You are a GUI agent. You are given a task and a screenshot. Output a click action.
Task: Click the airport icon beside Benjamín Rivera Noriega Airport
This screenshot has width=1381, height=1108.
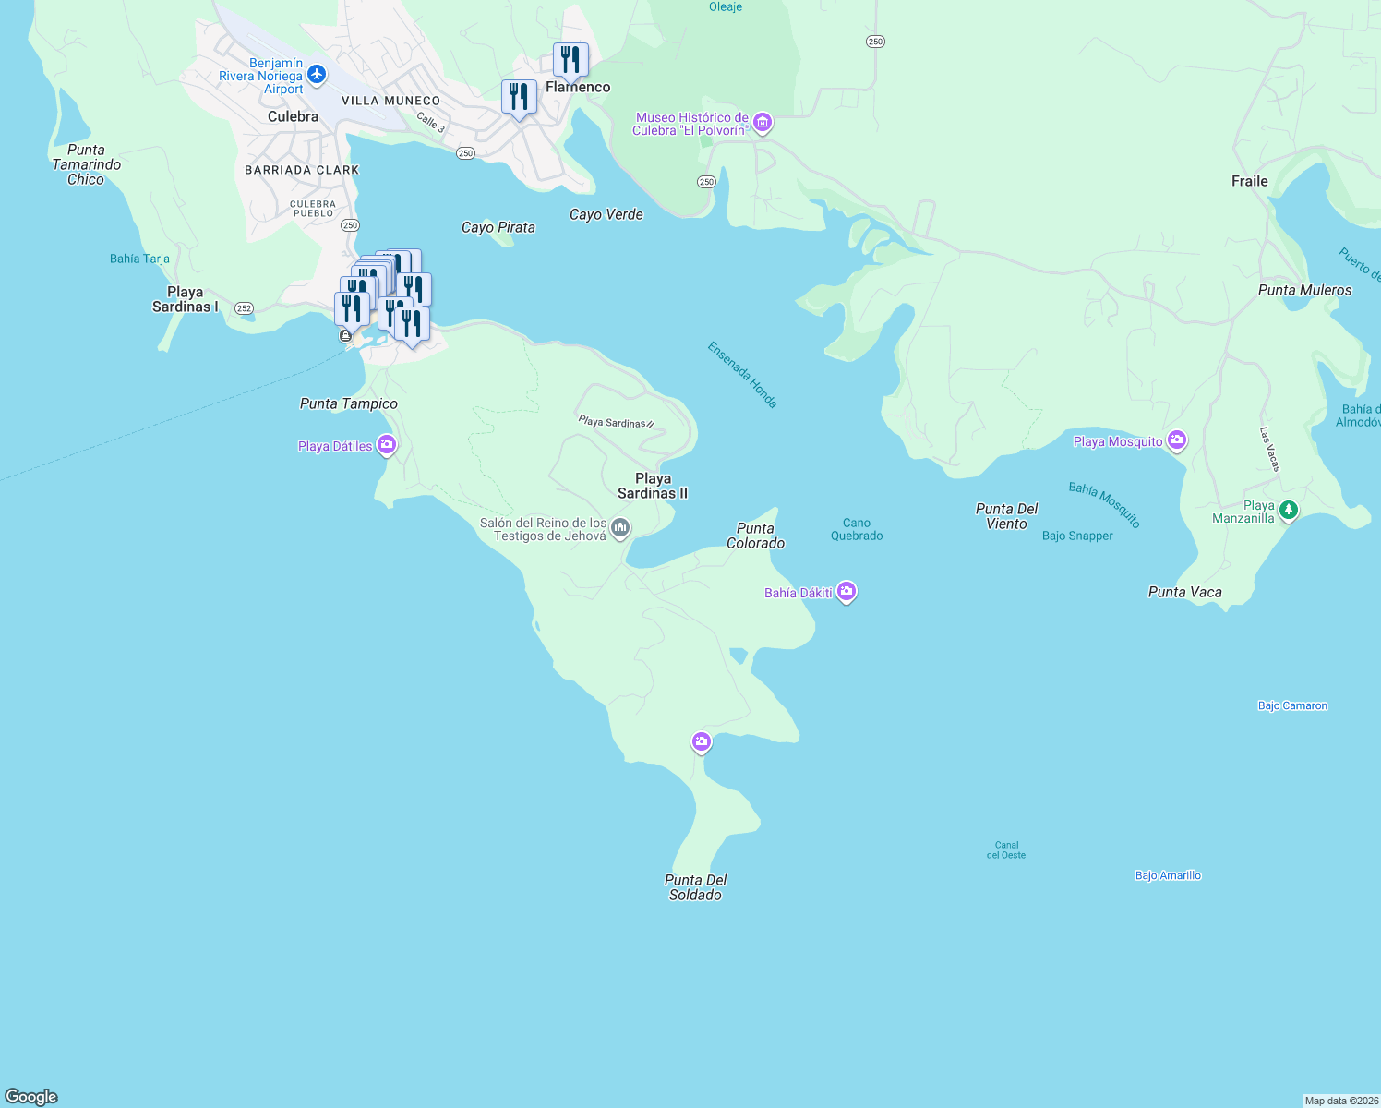coord(317,75)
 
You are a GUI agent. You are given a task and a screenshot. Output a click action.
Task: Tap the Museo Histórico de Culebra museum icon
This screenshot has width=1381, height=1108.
coord(762,123)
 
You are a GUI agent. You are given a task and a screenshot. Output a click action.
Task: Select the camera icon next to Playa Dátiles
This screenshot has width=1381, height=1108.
coord(387,445)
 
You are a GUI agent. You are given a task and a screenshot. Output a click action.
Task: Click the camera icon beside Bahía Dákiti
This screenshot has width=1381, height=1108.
coord(847,592)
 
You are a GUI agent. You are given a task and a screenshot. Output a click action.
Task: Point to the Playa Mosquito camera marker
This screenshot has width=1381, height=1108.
coord(1176,440)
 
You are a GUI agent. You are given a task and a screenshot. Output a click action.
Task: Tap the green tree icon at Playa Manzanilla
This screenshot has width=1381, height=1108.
coord(1289,510)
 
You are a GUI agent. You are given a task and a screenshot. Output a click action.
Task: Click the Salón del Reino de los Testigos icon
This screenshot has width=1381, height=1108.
coord(620,528)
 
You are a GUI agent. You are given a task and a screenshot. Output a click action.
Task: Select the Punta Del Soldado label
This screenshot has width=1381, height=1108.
coord(695,887)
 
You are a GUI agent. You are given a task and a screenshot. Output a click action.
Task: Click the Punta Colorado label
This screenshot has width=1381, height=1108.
coord(755,536)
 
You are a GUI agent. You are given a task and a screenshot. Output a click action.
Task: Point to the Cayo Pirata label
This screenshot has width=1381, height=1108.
coord(498,227)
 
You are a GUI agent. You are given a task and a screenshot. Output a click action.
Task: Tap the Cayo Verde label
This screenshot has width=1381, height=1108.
coord(606,214)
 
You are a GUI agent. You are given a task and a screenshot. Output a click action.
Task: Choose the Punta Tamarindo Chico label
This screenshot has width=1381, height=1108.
coord(86,164)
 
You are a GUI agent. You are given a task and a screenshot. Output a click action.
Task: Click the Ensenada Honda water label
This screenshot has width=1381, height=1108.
coord(742,374)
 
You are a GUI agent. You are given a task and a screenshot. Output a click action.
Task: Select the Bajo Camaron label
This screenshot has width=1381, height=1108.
coord(1292,705)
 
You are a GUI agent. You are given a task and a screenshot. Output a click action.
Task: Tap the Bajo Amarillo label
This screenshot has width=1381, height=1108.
coord(1168,875)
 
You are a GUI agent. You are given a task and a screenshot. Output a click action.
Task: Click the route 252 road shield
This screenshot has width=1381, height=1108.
coord(244,308)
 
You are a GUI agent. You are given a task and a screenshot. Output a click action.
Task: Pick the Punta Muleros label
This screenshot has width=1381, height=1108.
coord(1304,290)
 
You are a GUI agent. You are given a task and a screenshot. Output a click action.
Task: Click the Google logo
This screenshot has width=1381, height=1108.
coord(31,1097)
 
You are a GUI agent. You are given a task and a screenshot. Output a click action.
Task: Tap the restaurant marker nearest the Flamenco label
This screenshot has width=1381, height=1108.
coord(570,60)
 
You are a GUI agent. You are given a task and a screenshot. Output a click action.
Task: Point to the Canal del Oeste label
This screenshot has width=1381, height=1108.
coord(1006,849)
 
